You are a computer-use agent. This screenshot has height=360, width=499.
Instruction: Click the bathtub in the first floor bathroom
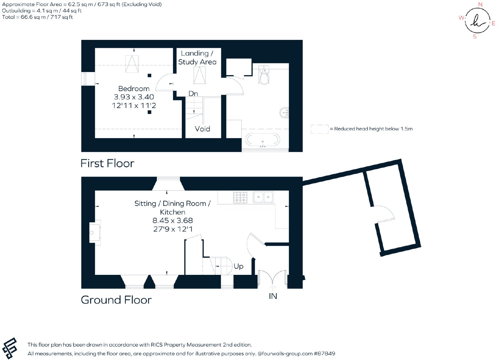(x=263, y=140)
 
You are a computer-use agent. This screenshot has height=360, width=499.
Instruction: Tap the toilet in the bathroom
(x=264, y=75)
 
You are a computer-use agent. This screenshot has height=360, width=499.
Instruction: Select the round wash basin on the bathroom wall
(x=284, y=113)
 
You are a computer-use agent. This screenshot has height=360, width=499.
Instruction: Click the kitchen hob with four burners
(x=240, y=197)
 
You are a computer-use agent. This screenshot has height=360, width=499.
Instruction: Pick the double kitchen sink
(x=263, y=197)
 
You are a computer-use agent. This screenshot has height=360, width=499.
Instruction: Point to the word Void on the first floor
(x=202, y=129)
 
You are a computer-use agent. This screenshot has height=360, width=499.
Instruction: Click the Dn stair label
(x=193, y=94)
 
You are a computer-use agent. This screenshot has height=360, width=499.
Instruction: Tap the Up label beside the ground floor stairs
(x=238, y=266)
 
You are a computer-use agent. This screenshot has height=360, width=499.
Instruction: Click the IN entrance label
(x=273, y=296)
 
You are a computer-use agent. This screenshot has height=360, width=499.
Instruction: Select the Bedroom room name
(x=134, y=89)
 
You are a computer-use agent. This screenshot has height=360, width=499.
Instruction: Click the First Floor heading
(x=107, y=163)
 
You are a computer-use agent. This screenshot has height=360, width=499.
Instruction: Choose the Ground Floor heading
(x=116, y=300)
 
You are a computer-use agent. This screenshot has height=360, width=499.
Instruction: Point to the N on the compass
(x=480, y=4)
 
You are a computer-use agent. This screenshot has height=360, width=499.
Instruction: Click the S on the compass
(x=475, y=37)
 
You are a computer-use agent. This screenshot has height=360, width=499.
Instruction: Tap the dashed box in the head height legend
(x=319, y=129)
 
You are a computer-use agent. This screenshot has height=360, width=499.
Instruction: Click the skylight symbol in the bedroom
(x=132, y=64)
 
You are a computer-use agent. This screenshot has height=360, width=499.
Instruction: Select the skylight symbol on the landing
(x=199, y=75)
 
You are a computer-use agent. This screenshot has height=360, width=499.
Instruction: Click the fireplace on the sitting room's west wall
(x=95, y=233)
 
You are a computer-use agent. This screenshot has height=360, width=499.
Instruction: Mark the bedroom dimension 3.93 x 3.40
(x=134, y=97)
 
